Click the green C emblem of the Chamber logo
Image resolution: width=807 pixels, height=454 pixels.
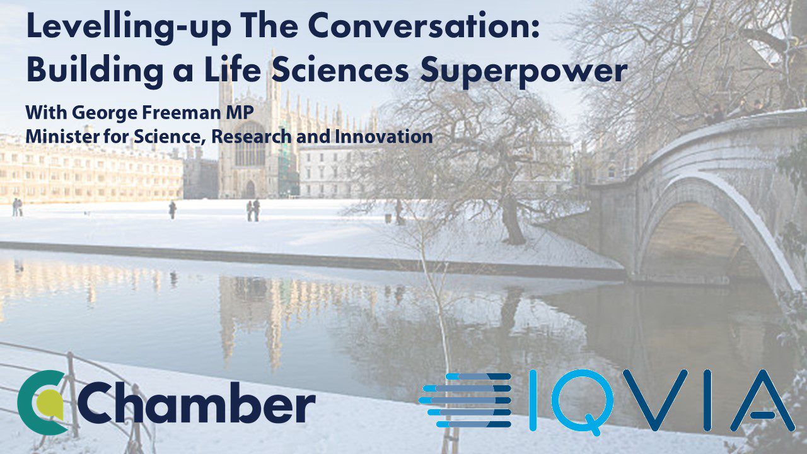pyautogui.click(x=42, y=402)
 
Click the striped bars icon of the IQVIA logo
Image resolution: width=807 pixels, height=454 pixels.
pyautogui.click(x=465, y=400)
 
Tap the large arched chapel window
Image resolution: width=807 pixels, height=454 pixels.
pyautogui.click(x=250, y=144)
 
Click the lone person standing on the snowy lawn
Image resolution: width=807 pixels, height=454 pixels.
pyautogui.click(x=173, y=210)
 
